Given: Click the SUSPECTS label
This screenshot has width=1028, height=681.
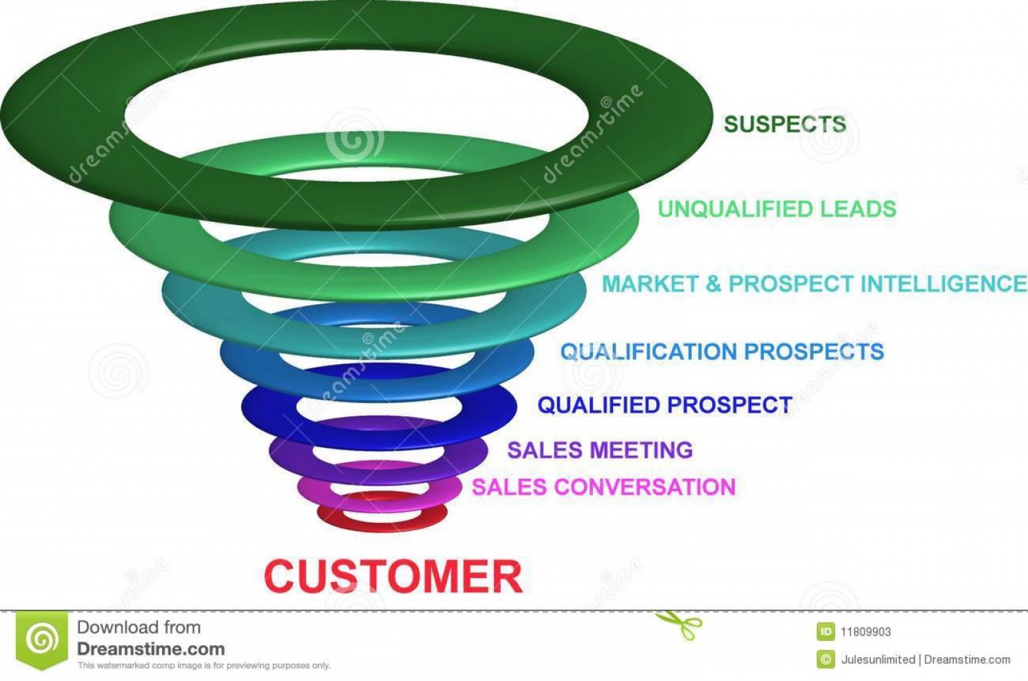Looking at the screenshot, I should point(784,124).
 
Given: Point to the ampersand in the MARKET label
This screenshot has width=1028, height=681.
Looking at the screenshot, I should point(712,284).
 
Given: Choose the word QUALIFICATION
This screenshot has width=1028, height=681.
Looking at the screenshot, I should point(648,351).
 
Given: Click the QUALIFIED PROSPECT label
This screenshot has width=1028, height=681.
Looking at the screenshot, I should point(664,405).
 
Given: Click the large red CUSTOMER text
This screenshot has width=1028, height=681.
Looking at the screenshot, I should point(393,577).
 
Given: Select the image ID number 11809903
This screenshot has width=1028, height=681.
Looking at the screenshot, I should point(865,632).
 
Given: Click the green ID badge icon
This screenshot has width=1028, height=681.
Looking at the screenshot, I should point(825,632).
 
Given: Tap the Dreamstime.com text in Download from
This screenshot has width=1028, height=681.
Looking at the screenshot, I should point(150,649).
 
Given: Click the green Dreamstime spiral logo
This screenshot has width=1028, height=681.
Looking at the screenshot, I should point(42,639).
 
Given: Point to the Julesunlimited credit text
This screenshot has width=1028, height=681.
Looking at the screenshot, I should point(878,660).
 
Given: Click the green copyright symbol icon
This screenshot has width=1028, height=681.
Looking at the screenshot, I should point(825,659).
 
